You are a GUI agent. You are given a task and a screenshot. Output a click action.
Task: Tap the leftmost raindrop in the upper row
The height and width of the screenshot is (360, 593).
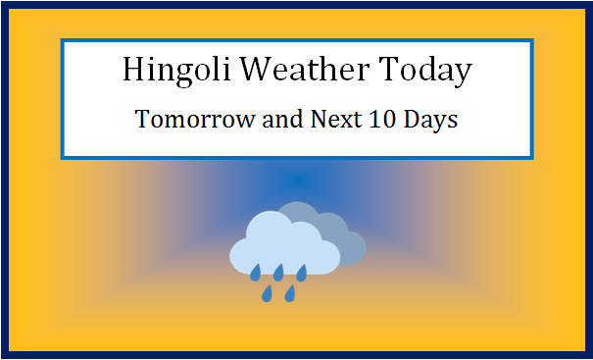coord(255,271)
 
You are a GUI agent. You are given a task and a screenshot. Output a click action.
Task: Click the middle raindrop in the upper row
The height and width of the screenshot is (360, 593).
coord(278,271)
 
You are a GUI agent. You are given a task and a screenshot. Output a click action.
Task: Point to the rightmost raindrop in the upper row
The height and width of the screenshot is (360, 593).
coord(302,271)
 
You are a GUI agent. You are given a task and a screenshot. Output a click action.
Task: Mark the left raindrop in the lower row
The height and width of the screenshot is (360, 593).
coord(266,292)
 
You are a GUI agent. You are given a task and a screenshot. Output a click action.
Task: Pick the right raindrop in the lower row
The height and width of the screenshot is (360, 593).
coord(290,292)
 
